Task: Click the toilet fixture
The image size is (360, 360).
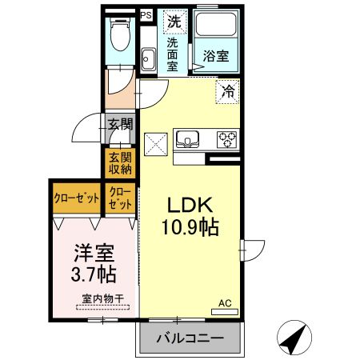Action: click(120, 34)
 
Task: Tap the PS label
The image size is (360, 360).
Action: click(146, 15)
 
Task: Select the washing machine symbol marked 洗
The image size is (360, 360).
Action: click(174, 22)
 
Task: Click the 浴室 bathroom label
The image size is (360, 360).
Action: click(216, 56)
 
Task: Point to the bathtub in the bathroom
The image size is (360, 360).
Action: click(215, 24)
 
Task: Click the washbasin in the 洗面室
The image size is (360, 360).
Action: click(148, 59)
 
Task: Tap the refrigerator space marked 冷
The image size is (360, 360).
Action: click(227, 91)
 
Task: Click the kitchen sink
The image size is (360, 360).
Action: click(187, 139)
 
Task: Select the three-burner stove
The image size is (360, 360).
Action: click(227, 139)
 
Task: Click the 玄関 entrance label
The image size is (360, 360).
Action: click(120, 124)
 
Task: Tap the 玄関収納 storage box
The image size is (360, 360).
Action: click(120, 163)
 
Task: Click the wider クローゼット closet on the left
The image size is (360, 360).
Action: click(77, 198)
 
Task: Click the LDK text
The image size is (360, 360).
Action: click(190, 205)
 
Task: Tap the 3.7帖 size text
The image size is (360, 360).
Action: click(94, 274)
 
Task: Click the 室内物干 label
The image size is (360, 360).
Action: click(103, 298)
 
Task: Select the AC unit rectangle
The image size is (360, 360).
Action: click(225, 312)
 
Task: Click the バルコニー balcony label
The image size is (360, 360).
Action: click(190, 338)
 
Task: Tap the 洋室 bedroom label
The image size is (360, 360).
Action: click(94, 253)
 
